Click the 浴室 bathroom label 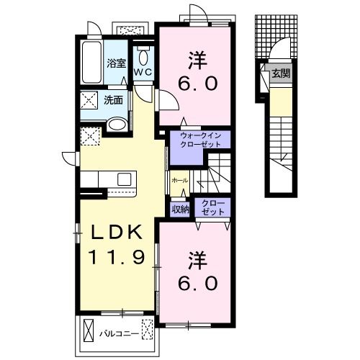pos(117,63)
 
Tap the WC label pos(143,71)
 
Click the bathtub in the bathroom pos(91,62)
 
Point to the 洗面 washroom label pos(114,100)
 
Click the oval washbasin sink pos(117,125)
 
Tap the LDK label pos(116,233)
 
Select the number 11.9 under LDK pos(117,256)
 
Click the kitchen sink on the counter pos(125,179)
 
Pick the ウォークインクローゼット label pos(201,140)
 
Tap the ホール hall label pos(180,181)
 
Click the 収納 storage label pos(180,210)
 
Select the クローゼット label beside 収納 pos(213,207)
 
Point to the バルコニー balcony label pos(120,334)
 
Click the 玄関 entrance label pos(281,73)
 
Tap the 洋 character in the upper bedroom pos(197,60)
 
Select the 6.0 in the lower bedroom pos(198,283)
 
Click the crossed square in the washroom pos(89,100)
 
